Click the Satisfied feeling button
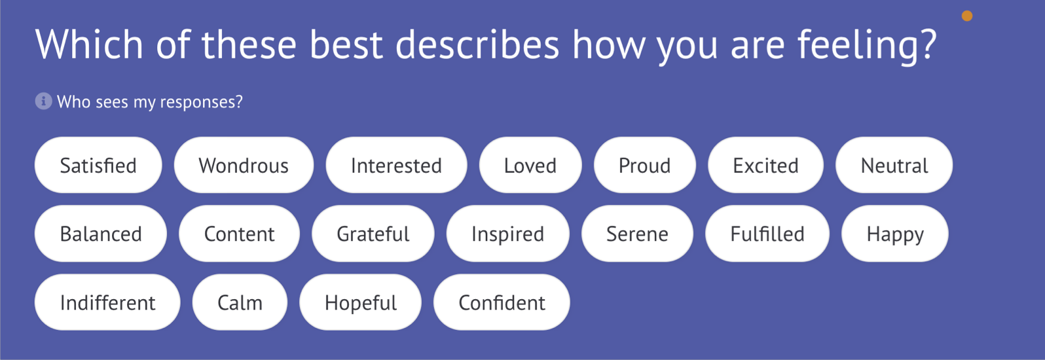click(98, 165)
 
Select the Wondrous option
click(244, 165)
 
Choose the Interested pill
click(396, 165)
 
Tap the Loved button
click(530, 165)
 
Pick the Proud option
click(645, 165)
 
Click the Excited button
click(765, 165)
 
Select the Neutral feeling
click(894, 165)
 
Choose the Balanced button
click(101, 234)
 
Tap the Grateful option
click(373, 234)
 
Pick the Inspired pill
click(507, 234)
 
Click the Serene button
click(637, 234)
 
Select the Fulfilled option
click(767, 234)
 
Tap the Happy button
click(895, 234)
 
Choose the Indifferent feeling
click(107, 302)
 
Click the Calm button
click(240, 302)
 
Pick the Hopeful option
click(361, 302)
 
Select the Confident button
click(502, 302)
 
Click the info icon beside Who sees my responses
click(43, 101)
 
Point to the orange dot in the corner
click(967, 16)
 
